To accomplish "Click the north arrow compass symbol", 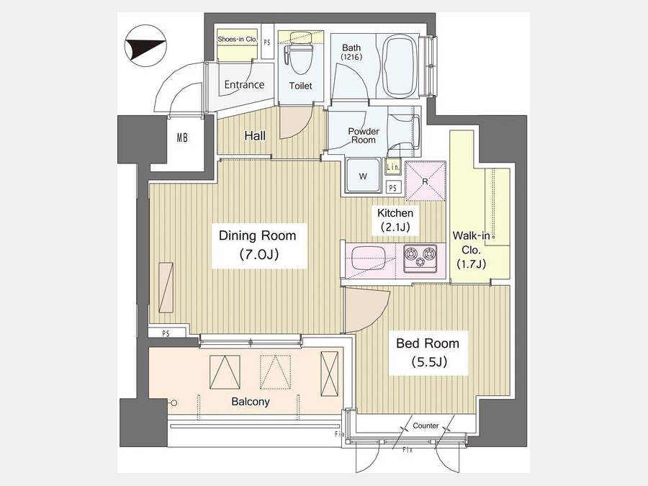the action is click(x=145, y=45).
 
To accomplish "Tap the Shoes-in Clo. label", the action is click(x=237, y=40).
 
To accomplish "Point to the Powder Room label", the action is click(x=364, y=135).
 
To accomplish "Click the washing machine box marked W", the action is click(x=364, y=176).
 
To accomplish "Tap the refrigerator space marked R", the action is click(x=426, y=181).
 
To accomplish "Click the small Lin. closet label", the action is click(x=393, y=167).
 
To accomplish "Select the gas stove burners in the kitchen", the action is click(x=420, y=258).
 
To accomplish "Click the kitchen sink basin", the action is click(x=368, y=258).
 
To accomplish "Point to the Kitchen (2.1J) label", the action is click(x=395, y=220).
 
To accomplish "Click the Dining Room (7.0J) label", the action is click(x=258, y=245).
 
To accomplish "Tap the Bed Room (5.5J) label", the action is click(x=428, y=353).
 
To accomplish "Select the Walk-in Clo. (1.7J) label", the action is click(x=471, y=250).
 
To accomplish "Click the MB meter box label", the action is click(x=182, y=138).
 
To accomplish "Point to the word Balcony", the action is click(x=251, y=402).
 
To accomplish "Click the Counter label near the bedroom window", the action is click(x=426, y=426).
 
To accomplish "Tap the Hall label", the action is click(x=255, y=135).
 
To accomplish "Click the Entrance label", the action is click(x=244, y=85).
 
